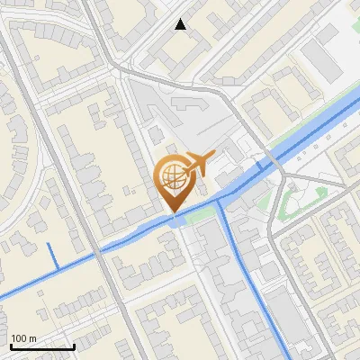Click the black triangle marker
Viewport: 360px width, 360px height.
click(181, 25)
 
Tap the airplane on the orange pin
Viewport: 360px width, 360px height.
click(197, 163)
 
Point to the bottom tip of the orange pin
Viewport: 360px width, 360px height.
click(173, 212)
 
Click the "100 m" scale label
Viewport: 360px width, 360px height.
click(23, 338)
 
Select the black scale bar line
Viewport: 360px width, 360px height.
click(41, 346)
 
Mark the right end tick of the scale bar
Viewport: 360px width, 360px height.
click(74, 346)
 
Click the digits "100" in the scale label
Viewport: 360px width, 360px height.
click(19, 338)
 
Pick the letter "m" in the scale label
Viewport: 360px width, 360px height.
click(32, 338)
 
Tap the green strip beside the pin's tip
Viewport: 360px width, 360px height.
click(202, 213)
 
